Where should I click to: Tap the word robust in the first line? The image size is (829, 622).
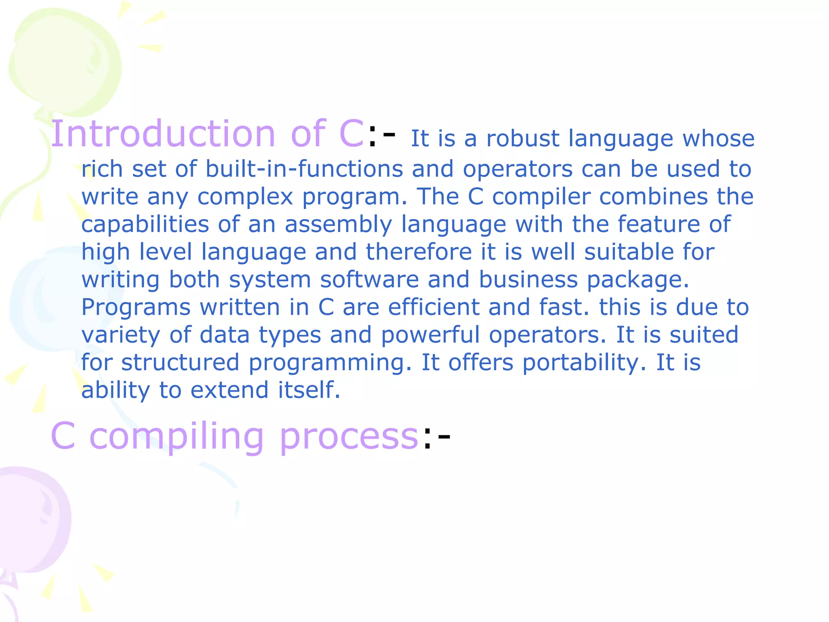[x=523, y=139]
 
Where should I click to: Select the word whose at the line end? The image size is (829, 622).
[x=718, y=139]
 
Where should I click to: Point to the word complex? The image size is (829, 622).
[x=245, y=197]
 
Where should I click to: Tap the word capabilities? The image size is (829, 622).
[x=145, y=224]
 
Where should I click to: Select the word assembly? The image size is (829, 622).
[x=338, y=224]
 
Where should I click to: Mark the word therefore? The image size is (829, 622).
[x=419, y=252]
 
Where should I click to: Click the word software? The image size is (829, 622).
[x=369, y=279]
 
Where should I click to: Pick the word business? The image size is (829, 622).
[x=528, y=279]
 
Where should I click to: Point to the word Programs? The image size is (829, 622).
[x=136, y=307]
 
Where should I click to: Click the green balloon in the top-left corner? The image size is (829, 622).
[x=65, y=61]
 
